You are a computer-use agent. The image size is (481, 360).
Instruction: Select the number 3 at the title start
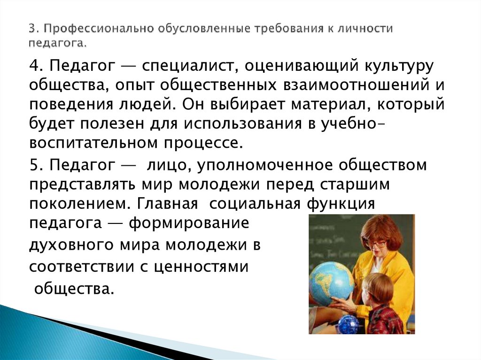tap(31, 29)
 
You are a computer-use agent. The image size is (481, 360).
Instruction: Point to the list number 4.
tap(35, 66)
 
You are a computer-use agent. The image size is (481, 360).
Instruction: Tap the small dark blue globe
tap(348, 324)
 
